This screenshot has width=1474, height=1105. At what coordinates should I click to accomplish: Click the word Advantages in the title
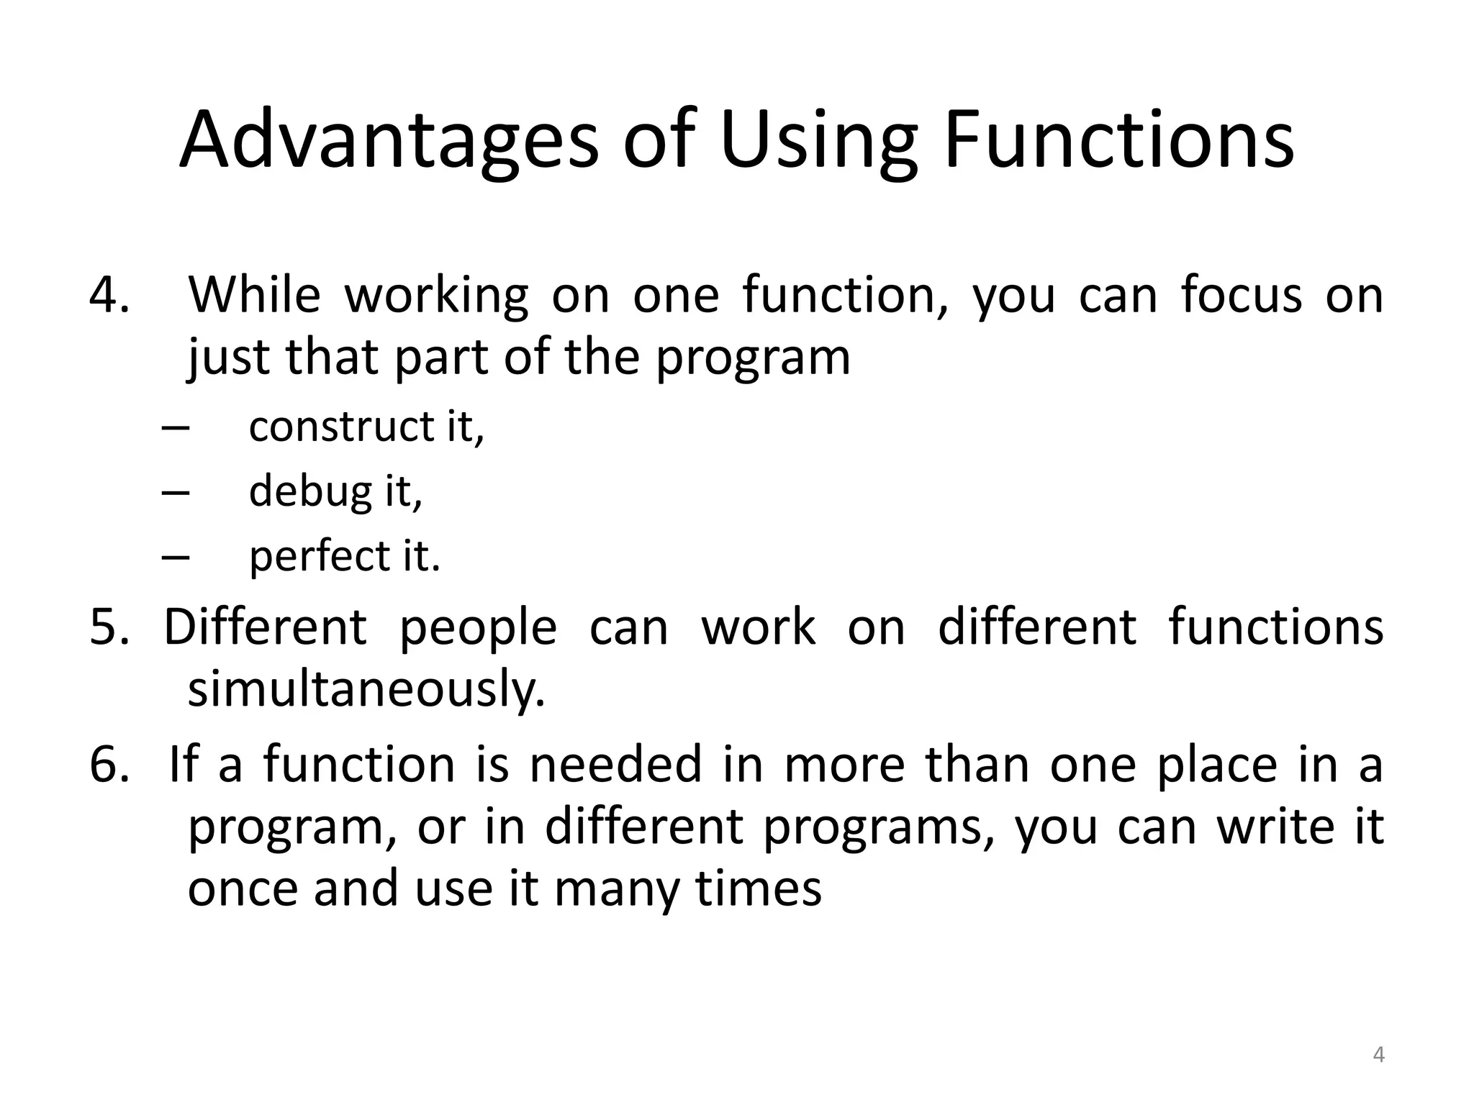click(389, 140)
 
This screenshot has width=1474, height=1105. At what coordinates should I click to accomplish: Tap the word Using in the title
click(819, 140)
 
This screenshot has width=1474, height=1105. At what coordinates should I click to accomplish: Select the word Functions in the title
click(1118, 140)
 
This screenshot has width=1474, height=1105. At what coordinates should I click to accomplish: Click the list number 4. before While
click(109, 295)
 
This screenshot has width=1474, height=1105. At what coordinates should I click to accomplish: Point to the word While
click(254, 295)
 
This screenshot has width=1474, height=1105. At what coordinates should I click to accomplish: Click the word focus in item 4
click(1242, 295)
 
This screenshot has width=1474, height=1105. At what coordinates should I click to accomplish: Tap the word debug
click(310, 491)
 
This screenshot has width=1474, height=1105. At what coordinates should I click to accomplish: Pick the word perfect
click(320, 557)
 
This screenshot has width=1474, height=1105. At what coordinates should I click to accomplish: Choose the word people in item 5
click(478, 627)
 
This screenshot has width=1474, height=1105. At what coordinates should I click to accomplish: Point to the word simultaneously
click(366, 688)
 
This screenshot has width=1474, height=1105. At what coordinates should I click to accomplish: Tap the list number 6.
click(109, 764)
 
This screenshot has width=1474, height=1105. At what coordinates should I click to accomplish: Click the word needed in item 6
click(615, 764)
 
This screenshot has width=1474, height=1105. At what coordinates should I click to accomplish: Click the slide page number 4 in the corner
click(1378, 1055)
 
